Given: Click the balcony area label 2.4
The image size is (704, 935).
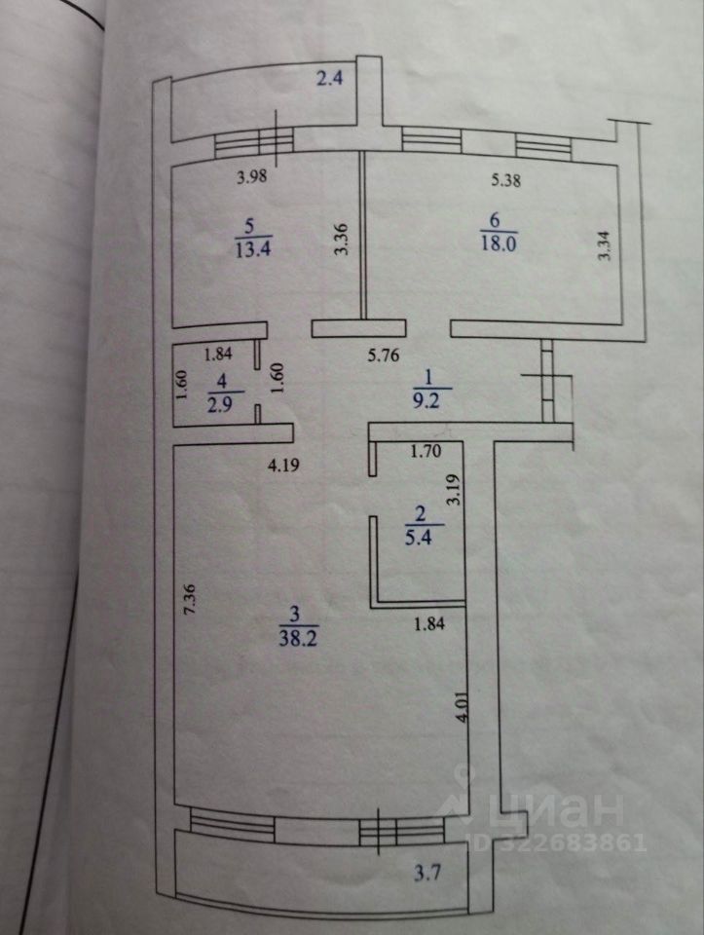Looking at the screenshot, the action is [331, 78].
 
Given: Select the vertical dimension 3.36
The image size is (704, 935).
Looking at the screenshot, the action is [341, 241].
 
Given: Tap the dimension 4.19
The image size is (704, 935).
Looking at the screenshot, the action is [282, 465].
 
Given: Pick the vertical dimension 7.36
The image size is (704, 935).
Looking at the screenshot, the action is [191, 595].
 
